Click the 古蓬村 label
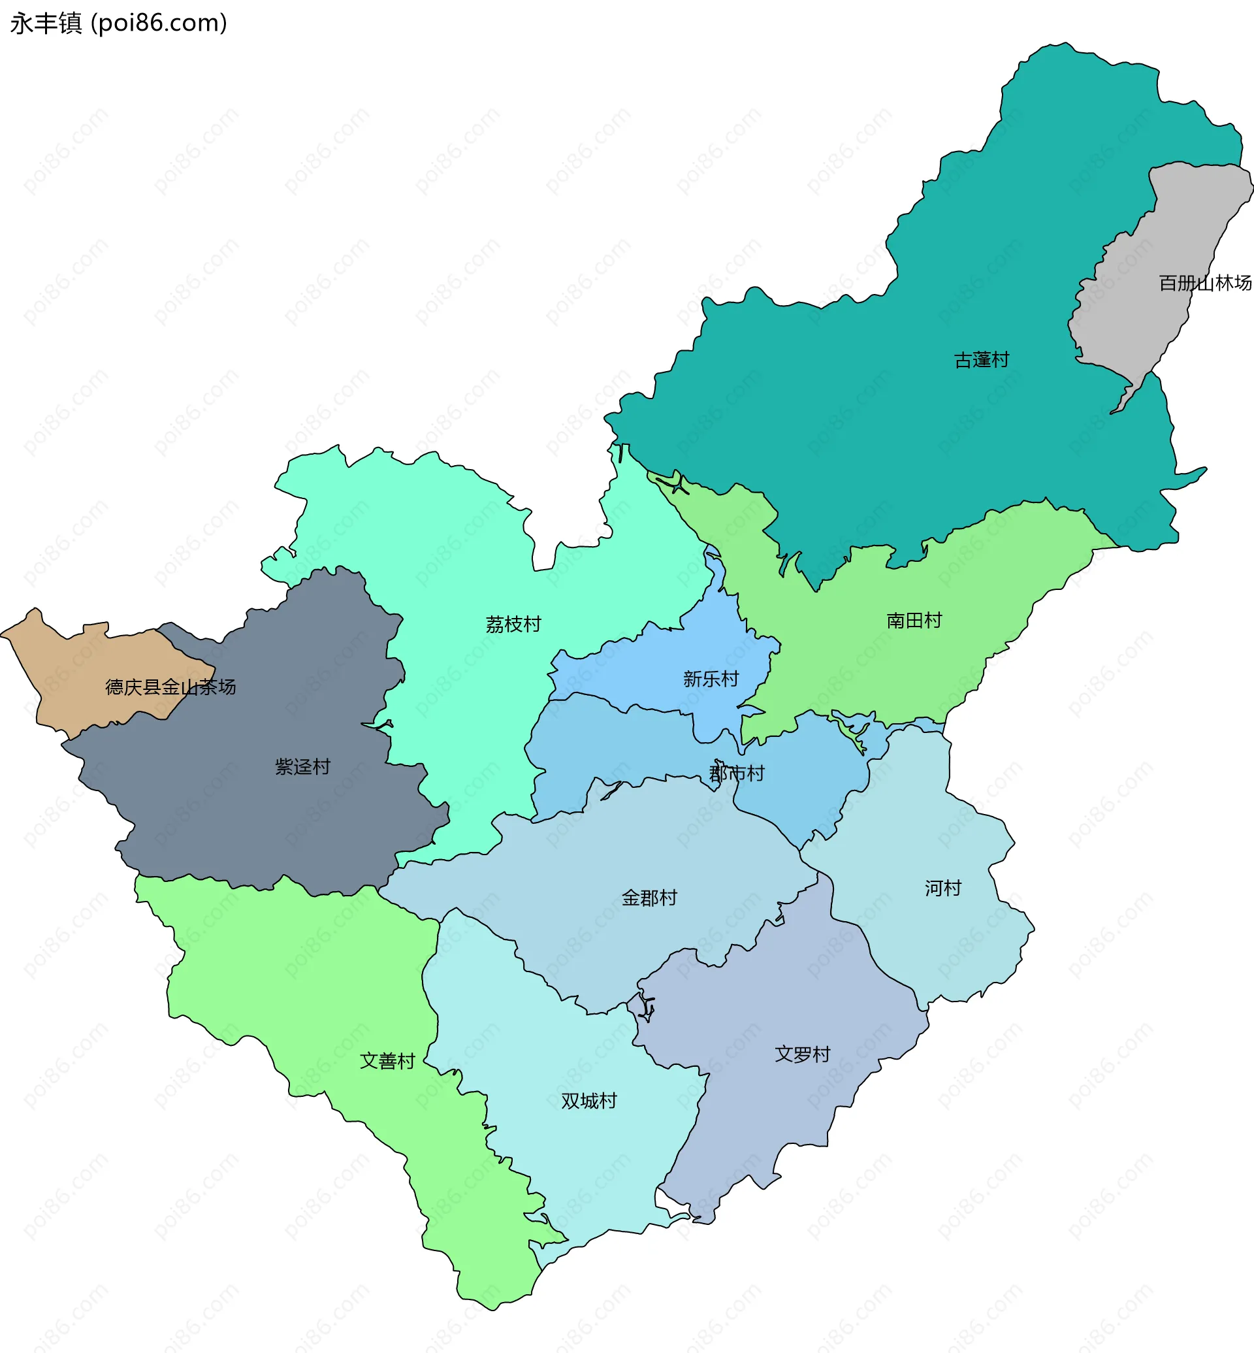click(981, 360)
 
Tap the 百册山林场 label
click(1204, 283)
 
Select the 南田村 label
click(914, 621)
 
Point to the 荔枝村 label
click(513, 625)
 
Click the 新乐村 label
click(711, 679)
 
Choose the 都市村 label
click(736, 774)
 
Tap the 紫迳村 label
click(302, 767)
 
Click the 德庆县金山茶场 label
click(170, 687)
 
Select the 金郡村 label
click(649, 898)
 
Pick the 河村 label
click(942, 888)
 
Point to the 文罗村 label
click(803, 1054)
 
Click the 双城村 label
click(589, 1100)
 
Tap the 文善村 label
click(387, 1061)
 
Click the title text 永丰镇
click(46, 23)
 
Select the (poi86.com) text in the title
click(159, 23)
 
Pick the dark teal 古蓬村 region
click(882, 421)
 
